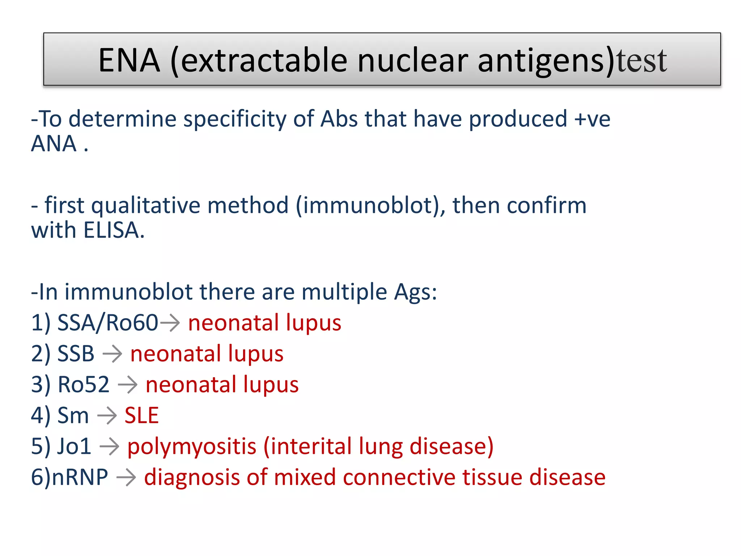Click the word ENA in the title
[129, 60]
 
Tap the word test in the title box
[642, 60]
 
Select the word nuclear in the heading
[412, 60]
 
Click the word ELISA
[114, 230]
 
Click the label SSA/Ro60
[107, 323]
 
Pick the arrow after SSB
[112, 354]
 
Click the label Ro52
[84, 384]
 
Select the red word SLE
[141, 416]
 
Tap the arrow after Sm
[107, 416]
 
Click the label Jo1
[74, 446]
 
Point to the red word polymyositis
[192, 447]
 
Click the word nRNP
[80, 477]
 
